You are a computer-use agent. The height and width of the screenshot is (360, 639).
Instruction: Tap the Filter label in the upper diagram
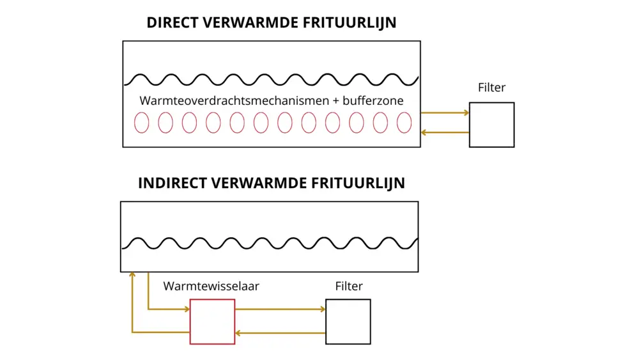(491, 88)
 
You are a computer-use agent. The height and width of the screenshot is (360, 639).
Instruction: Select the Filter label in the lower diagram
(349, 286)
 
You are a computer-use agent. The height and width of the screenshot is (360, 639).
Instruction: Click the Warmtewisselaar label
(212, 286)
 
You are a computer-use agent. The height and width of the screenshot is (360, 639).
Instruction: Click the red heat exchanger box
(212, 322)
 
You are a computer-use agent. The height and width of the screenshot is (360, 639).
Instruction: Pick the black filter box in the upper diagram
(491, 125)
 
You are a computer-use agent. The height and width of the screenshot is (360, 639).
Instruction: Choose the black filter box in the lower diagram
(348, 322)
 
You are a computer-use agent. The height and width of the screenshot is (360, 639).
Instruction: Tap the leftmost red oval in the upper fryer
(141, 123)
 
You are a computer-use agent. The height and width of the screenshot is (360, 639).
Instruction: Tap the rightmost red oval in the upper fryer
(404, 123)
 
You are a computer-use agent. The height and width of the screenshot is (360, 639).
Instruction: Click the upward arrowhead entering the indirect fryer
(132, 275)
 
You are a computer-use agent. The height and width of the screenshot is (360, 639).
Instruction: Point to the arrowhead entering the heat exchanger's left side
(186, 309)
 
